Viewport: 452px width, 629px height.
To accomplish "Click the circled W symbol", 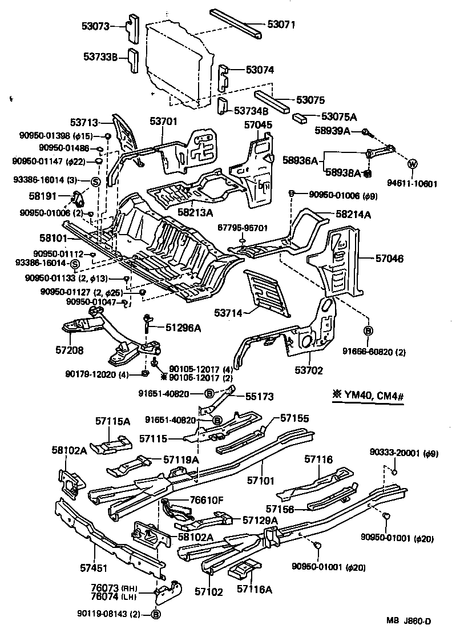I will (x=412, y=164).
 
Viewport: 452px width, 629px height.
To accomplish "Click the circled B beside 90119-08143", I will (x=156, y=614).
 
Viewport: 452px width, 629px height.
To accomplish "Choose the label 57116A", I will (x=254, y=588).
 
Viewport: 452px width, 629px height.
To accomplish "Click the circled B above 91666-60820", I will (x=369, y=330).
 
